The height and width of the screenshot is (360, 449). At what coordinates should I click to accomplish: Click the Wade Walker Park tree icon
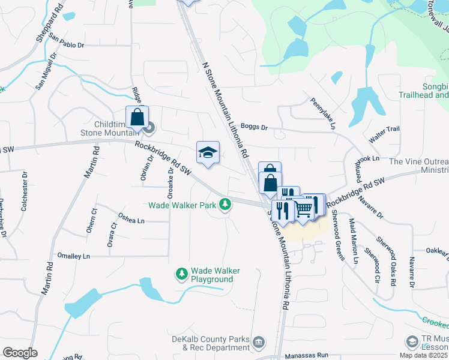[x=225, y=205]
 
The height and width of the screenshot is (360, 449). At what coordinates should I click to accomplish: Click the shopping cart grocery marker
[x=304, y=209]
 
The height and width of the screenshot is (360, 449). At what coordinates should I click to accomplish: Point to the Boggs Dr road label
[x=253, y=127]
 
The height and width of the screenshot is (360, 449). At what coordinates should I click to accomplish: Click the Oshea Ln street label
[x=131, y=220]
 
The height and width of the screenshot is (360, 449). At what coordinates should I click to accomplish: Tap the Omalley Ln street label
[x=73, y=256]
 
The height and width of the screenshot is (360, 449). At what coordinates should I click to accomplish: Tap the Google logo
[x=20, y=353]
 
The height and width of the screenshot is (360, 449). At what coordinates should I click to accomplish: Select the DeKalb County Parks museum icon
[x=259, y=341]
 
